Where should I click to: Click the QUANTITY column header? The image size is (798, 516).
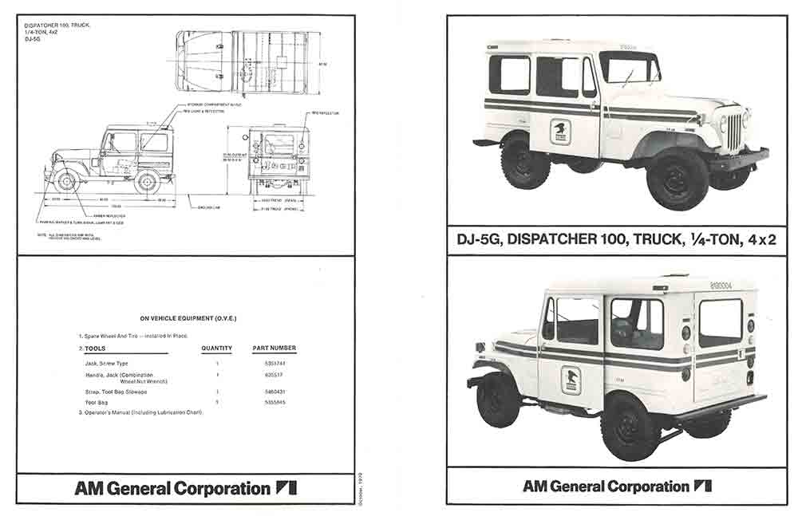(216, 348)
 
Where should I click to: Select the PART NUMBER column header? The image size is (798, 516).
(274, 348)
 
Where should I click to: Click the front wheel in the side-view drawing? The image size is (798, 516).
(66, 182)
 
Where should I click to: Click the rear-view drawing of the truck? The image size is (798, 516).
(279, 157)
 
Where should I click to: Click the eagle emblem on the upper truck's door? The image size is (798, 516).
(560, 131)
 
